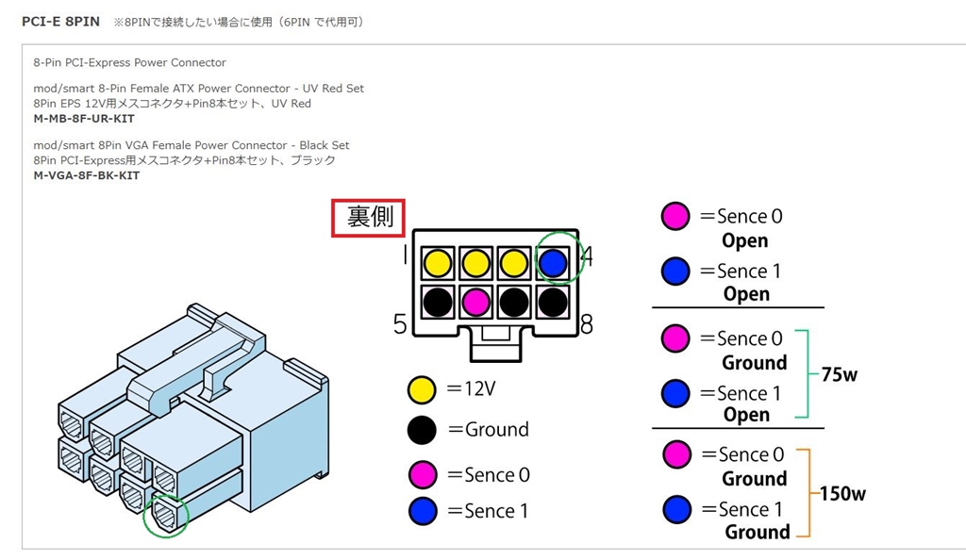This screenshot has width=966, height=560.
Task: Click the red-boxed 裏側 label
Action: pyautogui.click(x=369, y=218)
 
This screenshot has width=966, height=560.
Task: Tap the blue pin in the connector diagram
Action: pyautogui.click(x=555, y=260)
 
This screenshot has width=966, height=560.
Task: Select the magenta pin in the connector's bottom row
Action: pyautogui.click(x=475, y=302)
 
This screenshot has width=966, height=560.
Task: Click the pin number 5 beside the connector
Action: pyautogui.click(x=401, y=324)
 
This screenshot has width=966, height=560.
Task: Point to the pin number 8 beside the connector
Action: pyautogui.click(x=586, y=325)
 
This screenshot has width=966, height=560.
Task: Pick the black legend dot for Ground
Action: pyautogui.click(x=422, y=430)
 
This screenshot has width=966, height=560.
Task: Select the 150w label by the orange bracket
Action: pyautogui.click(x=842, y=493)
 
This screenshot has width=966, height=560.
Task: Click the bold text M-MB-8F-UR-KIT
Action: pyautogui.click(x=84, y=119)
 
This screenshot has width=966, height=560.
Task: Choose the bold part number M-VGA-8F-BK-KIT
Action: pyautogui.click(x=87, y=175)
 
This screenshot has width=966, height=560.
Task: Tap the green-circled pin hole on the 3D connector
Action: pyautogui.click(x=166, y=516)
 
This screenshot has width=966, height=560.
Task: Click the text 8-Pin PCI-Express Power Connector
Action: pyautogui.click(x=129, y=62)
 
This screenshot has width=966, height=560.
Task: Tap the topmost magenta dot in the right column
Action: pyautogui.click(x=675, y=216)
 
